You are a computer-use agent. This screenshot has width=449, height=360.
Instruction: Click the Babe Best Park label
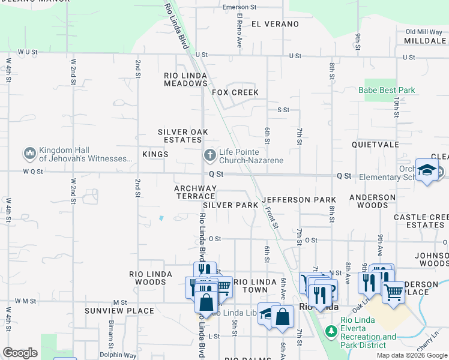point(387,91)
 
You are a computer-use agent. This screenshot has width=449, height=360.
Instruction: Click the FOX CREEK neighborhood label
point(235,92)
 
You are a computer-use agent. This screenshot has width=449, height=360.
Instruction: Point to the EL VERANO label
point(275,24)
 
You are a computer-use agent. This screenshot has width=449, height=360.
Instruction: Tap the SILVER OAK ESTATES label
point(182,136)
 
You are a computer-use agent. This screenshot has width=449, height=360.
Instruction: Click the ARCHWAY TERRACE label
point(194,192)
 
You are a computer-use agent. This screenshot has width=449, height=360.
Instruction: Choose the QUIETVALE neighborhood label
point(376,145)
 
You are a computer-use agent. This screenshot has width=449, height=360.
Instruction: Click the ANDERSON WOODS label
point(372,201)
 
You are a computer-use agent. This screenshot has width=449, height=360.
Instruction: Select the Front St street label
point(272,217)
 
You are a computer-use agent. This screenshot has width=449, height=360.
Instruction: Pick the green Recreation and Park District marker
point(331,331)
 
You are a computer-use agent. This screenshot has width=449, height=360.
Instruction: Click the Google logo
point(20,353)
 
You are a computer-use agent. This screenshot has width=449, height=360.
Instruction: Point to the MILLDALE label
point(425,41)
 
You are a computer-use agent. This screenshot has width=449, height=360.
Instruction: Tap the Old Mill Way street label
point(423,32)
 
